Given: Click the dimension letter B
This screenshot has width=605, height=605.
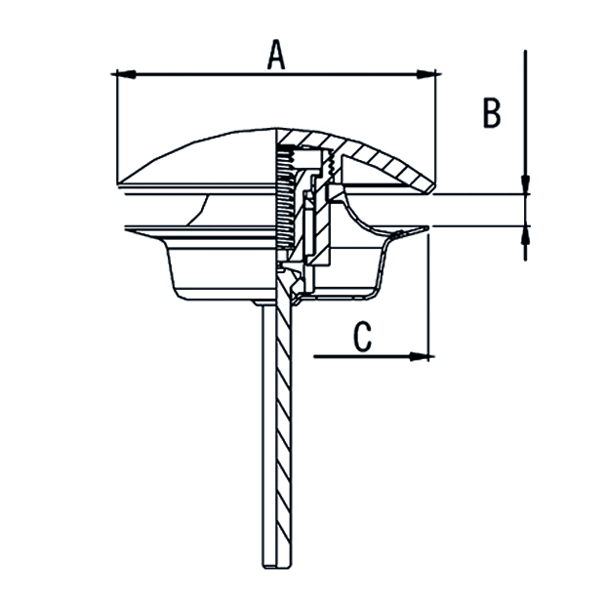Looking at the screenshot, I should [492, 113].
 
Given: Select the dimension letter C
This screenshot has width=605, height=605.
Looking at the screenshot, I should [361, 338].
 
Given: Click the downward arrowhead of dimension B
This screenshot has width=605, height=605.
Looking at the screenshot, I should [526, 185].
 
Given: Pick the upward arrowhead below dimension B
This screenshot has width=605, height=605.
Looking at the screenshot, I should [526, 234].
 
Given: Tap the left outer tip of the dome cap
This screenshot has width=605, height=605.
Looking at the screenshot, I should [118, 181].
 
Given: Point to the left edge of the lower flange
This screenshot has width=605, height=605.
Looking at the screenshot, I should [127, 229].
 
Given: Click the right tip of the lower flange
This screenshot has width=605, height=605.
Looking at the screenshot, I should [425, 229].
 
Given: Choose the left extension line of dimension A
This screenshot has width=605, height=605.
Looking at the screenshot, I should [116, 127].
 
